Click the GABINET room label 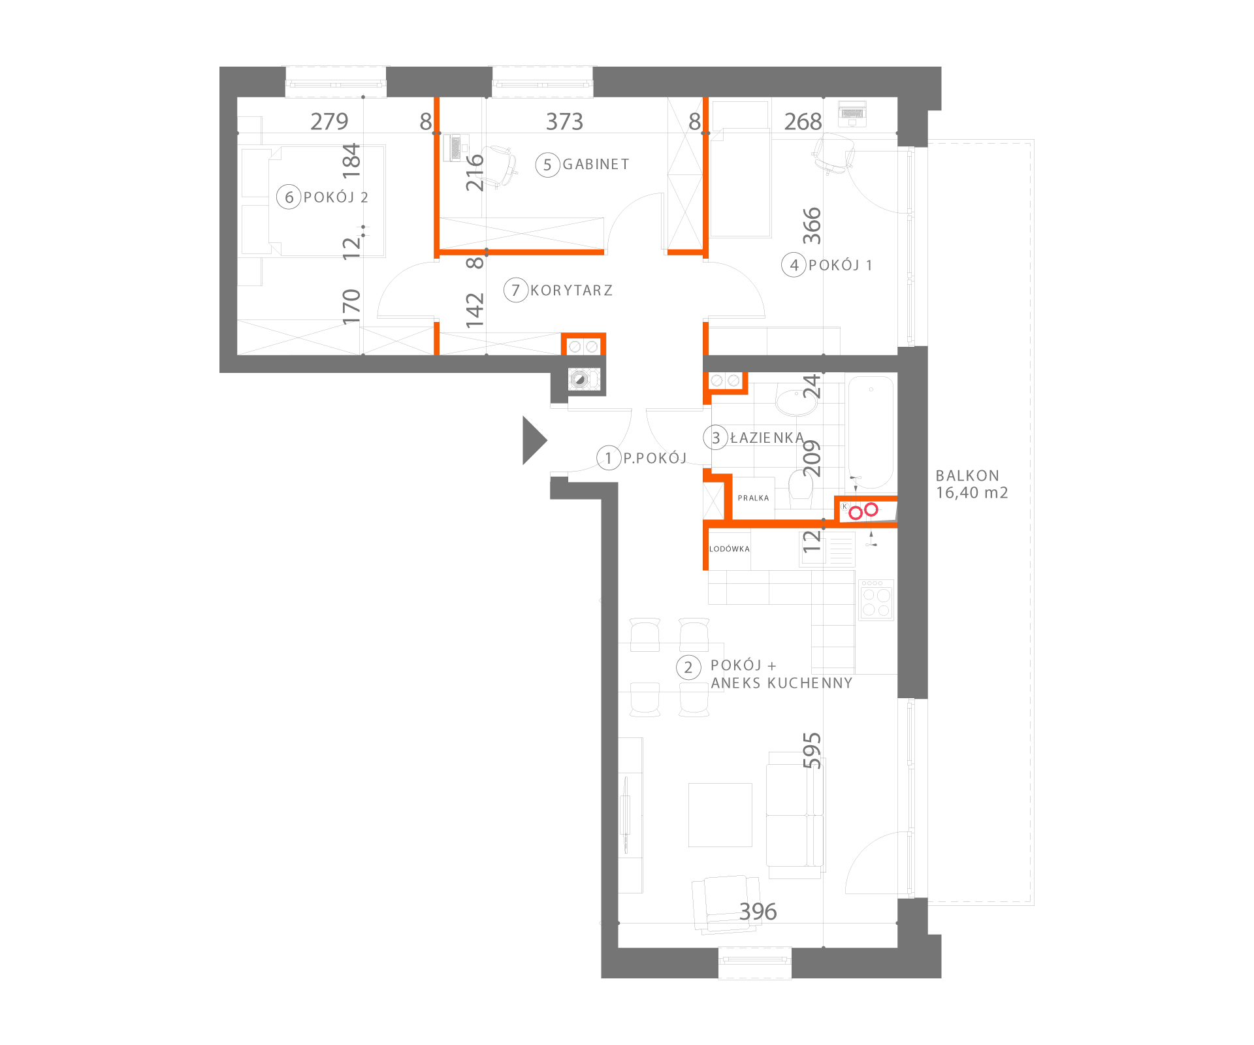coord(596,165)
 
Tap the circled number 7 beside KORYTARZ coord(516,290)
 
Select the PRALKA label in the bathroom coord(754,498)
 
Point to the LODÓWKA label coord(730,549)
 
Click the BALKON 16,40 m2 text coord(972,484)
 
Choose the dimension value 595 coord(812,750)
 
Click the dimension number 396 coord(758,911)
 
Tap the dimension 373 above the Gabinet coord(564,121)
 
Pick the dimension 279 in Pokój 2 coord(329,121)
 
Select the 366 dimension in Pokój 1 coord(812,226)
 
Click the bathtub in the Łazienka coord(871,432)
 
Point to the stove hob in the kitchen coord(876,600)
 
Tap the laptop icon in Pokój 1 coord(852,114)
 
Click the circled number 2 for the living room coord(688,667)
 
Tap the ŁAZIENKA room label coord(767,438)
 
